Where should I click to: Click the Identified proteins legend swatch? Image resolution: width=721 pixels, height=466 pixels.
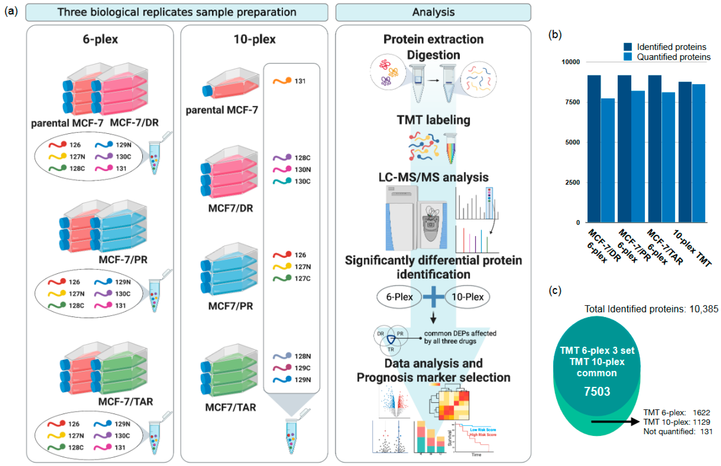tap(628, 47)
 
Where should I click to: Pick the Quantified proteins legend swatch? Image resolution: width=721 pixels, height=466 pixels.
tap(628, 57)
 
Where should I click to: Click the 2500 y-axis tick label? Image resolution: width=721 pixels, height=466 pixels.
tap(572, 183)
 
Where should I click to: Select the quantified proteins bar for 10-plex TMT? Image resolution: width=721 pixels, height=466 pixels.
tap(698, 153)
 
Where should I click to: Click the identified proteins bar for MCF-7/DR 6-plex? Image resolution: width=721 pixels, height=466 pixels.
tap(594, 148)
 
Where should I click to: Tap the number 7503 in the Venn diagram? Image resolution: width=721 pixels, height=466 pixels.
tap(597, 391)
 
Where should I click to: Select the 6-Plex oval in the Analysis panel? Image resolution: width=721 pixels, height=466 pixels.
tap(399, 297)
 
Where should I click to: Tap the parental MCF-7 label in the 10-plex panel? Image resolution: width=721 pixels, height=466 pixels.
tap(222, 110)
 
